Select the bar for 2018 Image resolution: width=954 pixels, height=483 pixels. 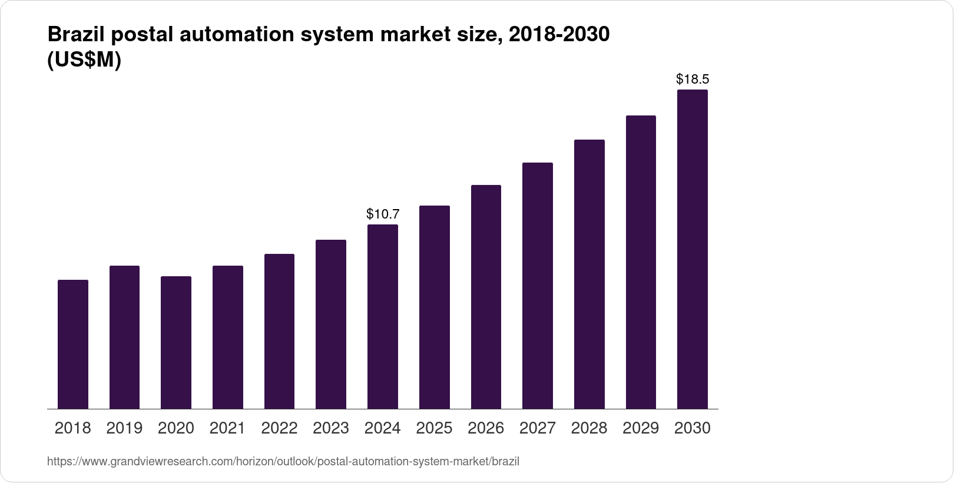[x=73, y=345]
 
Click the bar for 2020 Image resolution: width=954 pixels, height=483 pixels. [x=176, y=343]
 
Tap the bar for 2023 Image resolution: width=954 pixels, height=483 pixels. [x=331, y=325]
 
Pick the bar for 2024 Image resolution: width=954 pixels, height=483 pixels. [x=383, y=317]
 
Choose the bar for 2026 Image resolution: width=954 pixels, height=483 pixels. [x=486, y=297]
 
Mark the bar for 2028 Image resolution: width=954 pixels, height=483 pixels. [x=589, y=274]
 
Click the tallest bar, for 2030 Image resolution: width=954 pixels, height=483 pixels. [x=693, y=249]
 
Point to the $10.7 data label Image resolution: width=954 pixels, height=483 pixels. [x=383, y=214]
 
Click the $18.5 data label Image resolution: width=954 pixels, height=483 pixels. [x=693, y=79]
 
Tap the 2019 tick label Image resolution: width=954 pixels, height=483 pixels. [x=124, y=428]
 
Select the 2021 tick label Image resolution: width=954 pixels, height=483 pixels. [x=228, y=428]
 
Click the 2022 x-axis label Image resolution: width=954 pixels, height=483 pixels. [x=279, y=428]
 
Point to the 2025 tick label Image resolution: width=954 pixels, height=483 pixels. [x=434, y=428]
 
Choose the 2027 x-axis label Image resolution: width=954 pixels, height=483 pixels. [x=538, y=428]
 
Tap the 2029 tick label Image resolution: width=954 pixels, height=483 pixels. [x=641, y=428]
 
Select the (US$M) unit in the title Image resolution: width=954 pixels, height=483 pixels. [x=84, y=60]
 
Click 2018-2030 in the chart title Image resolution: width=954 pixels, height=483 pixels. [x=559, y=35]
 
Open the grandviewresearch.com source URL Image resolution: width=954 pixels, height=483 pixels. [x=283, y=461]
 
